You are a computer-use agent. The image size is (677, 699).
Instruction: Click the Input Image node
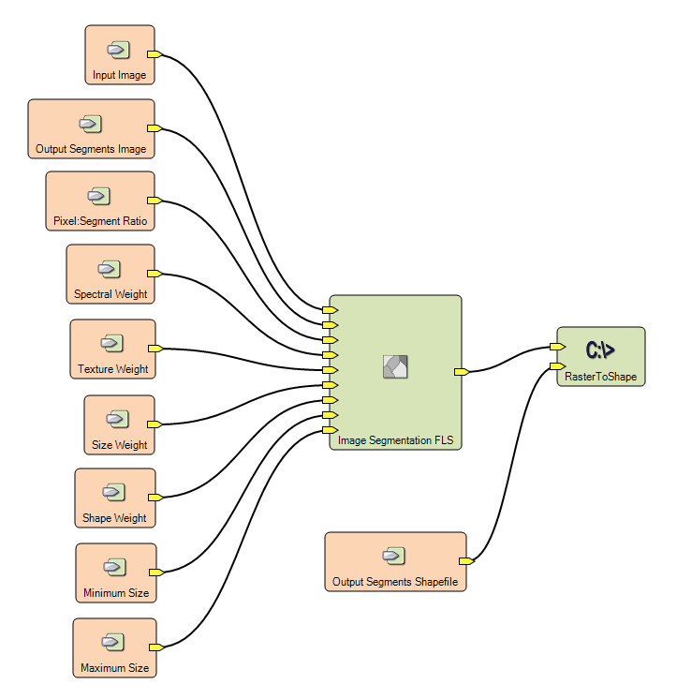(119, 55)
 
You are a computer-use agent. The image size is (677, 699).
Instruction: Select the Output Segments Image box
(91, 129)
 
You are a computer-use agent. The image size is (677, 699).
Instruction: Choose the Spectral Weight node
(110, 275)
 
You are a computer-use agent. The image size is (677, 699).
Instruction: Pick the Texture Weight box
(112, 349)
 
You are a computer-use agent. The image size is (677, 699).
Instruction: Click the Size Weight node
(119, 424)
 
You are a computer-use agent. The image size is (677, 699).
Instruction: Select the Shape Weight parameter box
(114, 498)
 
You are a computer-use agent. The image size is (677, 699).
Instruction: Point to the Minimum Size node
(115, 573)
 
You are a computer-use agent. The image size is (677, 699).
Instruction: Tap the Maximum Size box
(114, 647)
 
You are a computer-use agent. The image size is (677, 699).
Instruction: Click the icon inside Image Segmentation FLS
(396, 366)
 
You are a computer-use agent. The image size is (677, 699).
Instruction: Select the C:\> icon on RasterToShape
(600, 350)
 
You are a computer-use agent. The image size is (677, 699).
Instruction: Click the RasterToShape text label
(601, 376)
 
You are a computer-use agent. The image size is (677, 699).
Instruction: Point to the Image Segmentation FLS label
(395, 439)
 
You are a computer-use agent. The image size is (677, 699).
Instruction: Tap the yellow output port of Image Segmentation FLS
(461, 372)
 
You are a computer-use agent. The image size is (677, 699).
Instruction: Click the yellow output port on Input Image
(155, 54)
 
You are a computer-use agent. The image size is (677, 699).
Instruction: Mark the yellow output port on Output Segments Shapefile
(465, 561)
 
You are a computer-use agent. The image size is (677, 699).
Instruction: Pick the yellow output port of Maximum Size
(155, 647)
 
